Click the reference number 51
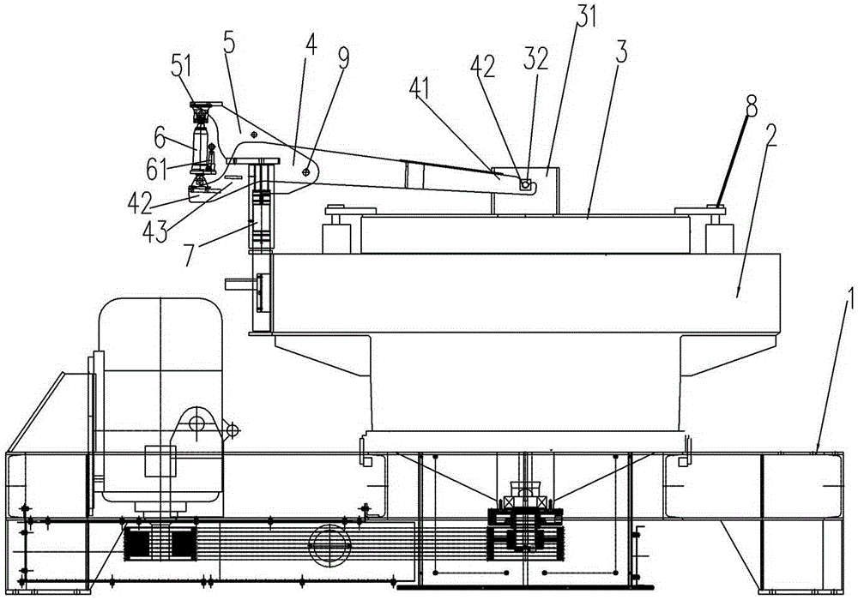tap(181, 67)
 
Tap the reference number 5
tap(230, 42)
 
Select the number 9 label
tap(343, 59)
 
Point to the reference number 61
tap(157, 170)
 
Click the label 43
tap(154, 231)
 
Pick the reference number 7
tap(189, 255)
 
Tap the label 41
tap(420, 89)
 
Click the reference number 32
tap(535, 58)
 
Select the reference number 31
tap(585, 15)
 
